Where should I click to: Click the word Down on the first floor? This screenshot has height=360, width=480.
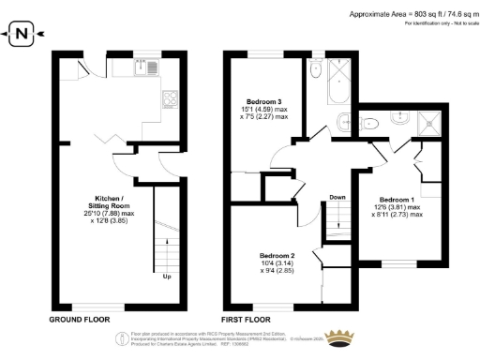coord(337,198)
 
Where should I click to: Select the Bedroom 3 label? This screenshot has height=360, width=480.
coord(265,100)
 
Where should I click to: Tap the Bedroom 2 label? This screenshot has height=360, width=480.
coord(278,256)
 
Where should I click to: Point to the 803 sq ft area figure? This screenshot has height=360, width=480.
coord(412,13)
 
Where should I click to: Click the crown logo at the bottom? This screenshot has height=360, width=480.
coord(349,337)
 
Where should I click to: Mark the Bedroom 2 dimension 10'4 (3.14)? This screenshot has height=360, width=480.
coord(279,265)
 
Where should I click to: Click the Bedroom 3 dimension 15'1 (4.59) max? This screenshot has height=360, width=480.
coord(268,110)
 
